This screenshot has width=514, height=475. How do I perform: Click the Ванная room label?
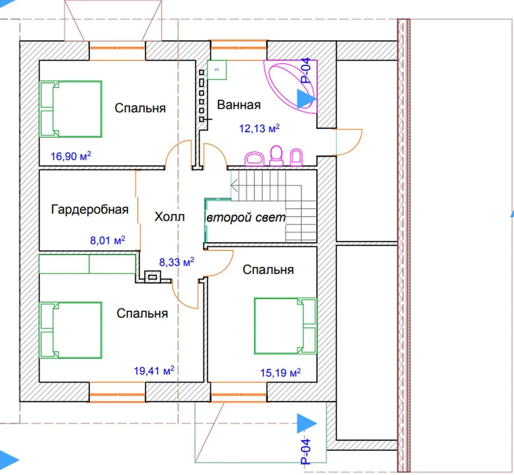239,105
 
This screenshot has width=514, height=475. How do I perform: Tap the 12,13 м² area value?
259,128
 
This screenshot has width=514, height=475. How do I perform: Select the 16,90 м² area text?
70,156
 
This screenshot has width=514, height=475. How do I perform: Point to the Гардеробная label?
90,209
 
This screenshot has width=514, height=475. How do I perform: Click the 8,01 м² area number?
108,240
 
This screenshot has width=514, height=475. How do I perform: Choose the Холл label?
169,217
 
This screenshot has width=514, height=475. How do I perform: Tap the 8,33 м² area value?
177,262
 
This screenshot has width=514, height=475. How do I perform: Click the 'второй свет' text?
245,217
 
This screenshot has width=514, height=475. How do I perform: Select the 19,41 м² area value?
154,371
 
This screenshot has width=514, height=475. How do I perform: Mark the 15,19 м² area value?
280,373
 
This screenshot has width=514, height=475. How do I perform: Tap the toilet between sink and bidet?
276,155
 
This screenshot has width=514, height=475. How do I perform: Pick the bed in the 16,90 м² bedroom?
70,109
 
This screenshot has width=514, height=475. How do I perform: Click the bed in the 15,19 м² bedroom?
285,326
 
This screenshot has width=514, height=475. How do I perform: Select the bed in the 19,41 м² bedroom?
70,330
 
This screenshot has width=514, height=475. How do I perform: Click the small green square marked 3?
217,69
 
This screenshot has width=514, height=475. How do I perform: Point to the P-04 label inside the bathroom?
306,71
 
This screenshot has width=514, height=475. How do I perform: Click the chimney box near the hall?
153,277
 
